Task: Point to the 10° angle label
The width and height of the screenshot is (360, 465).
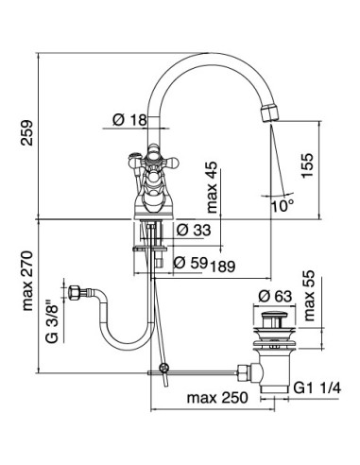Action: (x=283, y=203)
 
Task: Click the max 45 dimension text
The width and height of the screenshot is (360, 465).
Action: (x=213, y=186)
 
